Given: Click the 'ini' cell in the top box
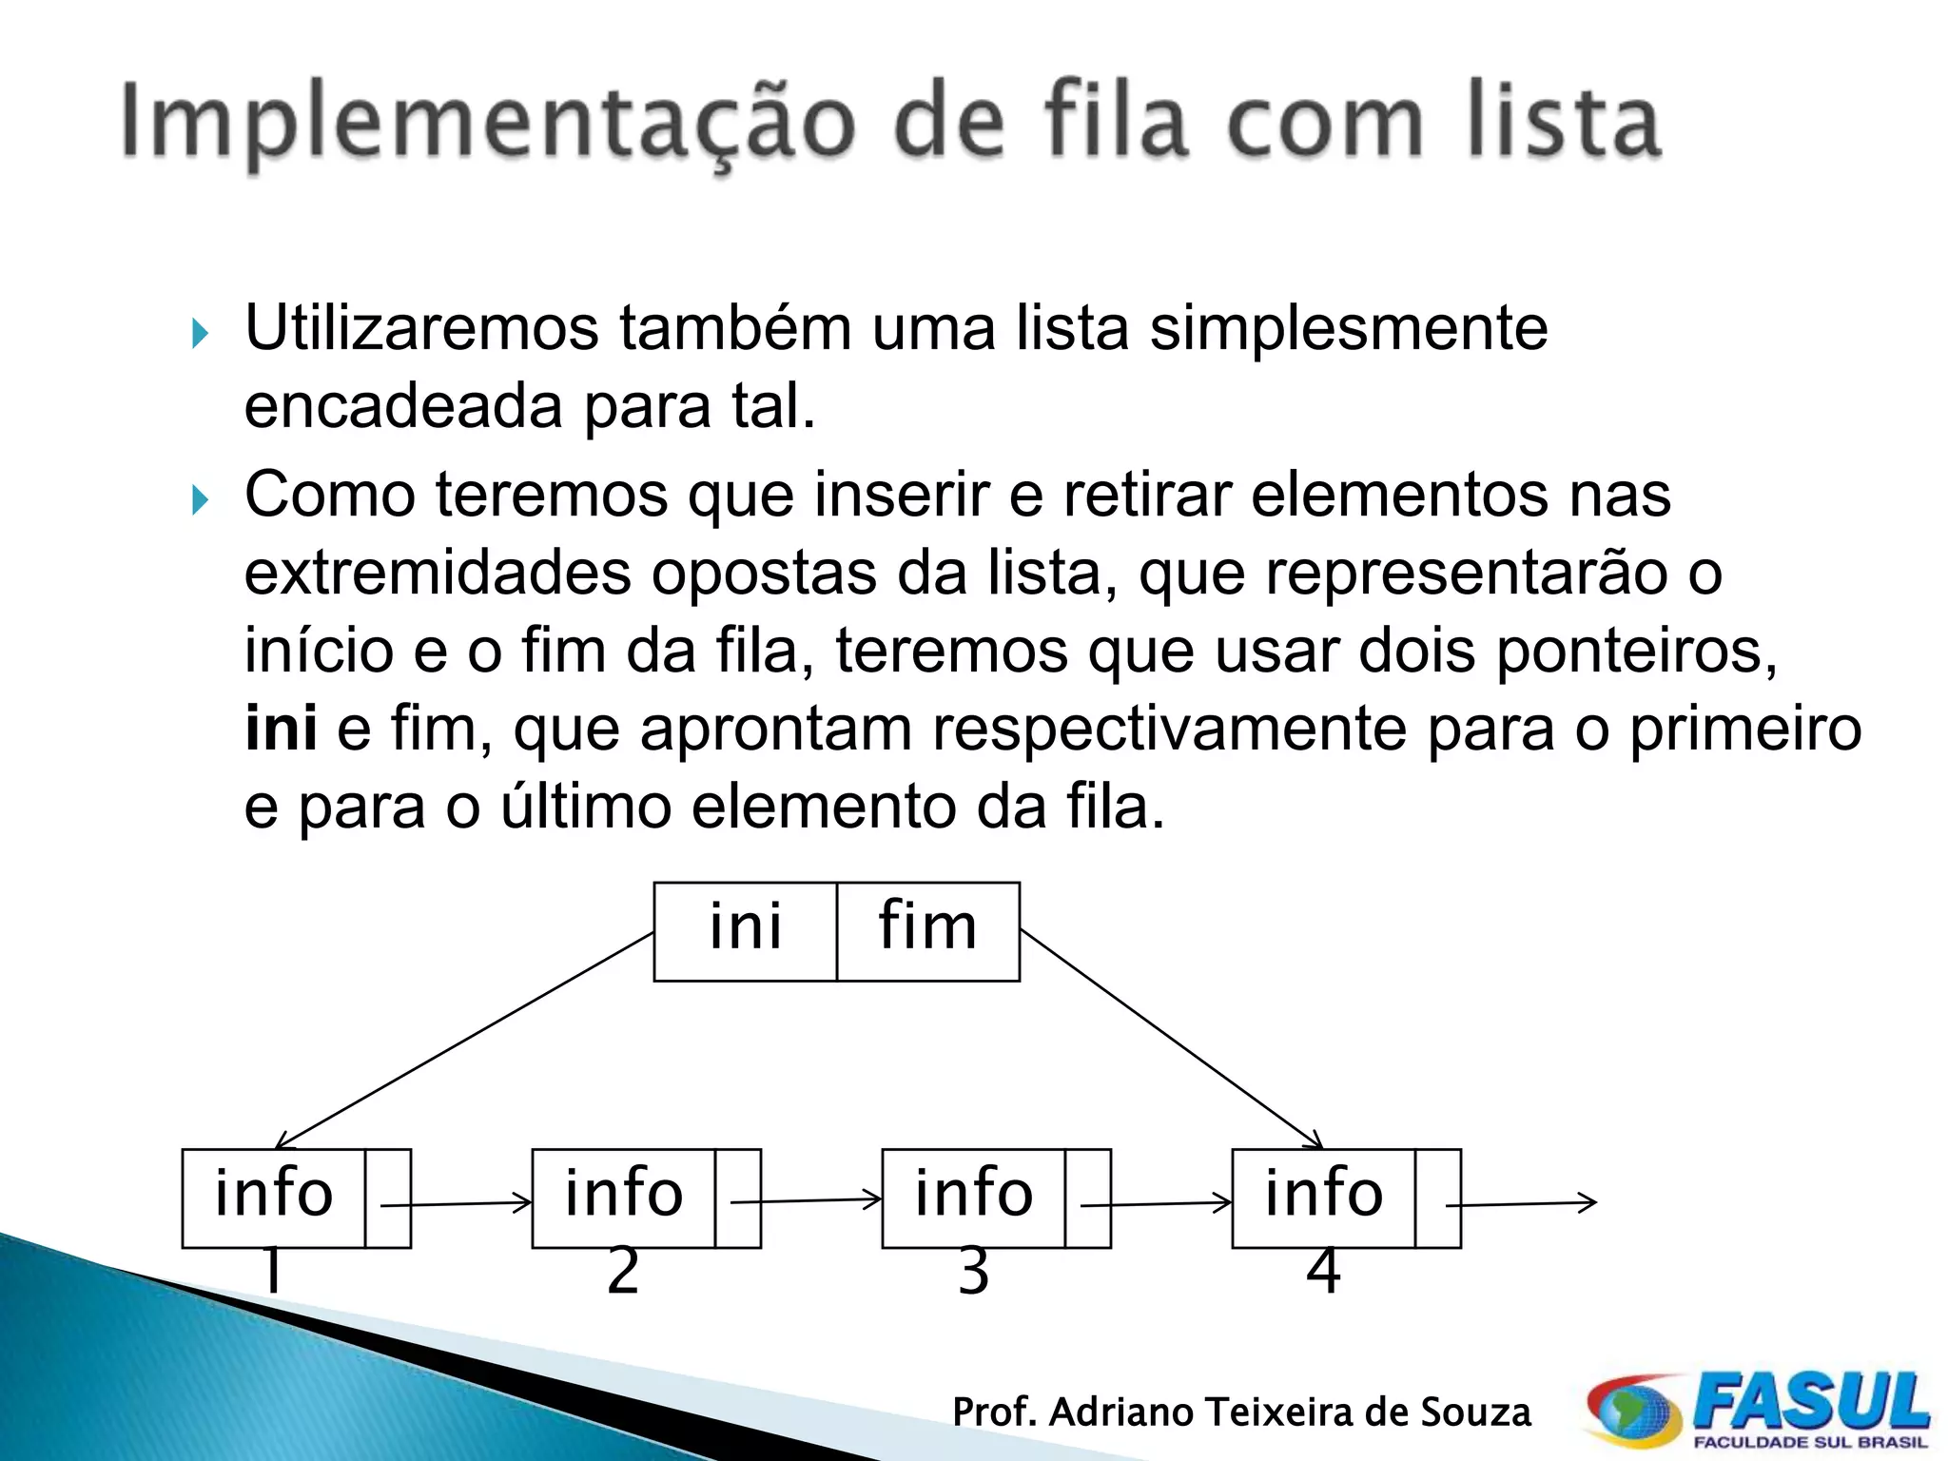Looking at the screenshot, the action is pyautogui.click(x=746, y=930).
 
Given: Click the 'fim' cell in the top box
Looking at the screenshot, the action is pyautogui.click(x=928, y=930).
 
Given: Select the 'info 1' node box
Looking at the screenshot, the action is pyautogui.click(x=274, y=1198).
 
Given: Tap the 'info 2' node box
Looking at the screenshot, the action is pyautogui.click(x=624, y=1198).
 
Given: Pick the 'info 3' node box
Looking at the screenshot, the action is pyautogui.click(x=974, y=1198).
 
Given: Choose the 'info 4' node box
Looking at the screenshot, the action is pyautogui.click(x=1324, y=1198).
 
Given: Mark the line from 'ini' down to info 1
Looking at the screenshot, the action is pyautogui.click(x=466, y=1040).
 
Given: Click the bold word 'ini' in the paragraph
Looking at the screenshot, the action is pyautogui.click(x=281, y=729).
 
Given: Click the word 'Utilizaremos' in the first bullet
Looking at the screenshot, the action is pyautogui.click(x=421, y=328).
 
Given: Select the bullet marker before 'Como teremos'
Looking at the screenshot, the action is pyautogui.click(x=199, y=499).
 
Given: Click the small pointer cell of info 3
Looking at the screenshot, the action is pyautogui.click(x=1087, y=1198).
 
